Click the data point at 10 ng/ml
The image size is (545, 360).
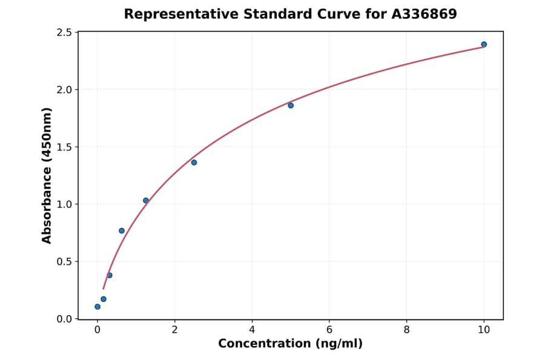coord(484,44)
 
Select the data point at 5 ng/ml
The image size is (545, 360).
coord(291,105)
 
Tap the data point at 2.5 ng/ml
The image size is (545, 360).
coord(194,162)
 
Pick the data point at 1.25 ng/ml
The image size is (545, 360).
coord(146,201)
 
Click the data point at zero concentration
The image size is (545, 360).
coord(97,307)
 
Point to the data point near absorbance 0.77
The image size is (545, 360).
coord(122,231)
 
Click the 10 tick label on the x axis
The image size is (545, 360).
coord(484,330)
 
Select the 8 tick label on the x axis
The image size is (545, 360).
coord(406,330)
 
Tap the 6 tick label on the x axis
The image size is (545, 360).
coord(329,330)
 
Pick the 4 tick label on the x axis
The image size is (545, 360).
coord(252,330)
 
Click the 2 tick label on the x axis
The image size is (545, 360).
coord(175,330)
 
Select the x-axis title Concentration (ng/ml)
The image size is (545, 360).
coord(290,344)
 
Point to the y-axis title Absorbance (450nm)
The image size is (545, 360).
coord(47,176)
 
